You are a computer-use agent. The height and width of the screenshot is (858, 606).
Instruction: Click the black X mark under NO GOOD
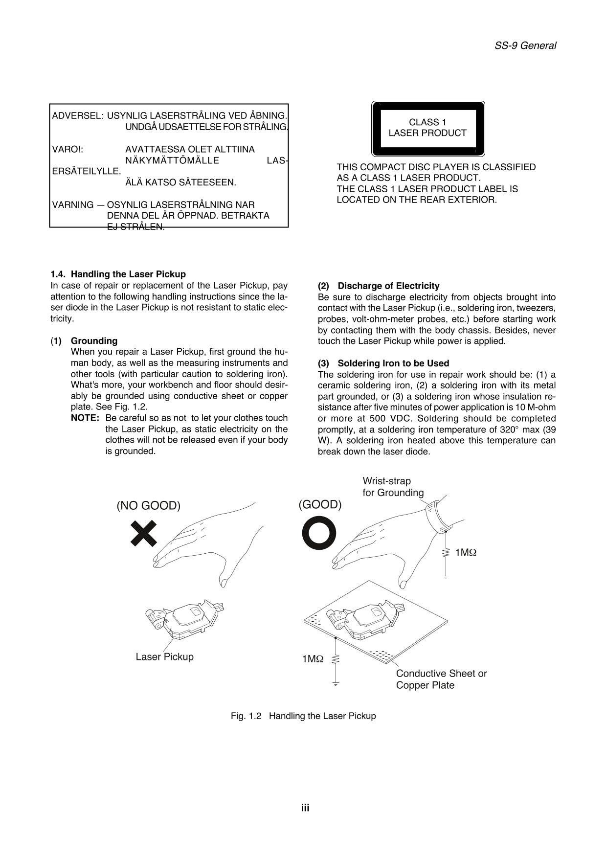click(x=144, y=533)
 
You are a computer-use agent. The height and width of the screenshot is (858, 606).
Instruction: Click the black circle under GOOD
click(x=319, y=533)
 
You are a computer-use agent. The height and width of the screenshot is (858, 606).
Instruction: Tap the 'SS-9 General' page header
click(x=525, y=45)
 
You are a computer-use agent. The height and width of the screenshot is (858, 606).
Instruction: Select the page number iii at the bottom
click(x=305, y=808)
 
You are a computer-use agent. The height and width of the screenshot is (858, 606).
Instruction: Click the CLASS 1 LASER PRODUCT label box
click(x=428, y=128)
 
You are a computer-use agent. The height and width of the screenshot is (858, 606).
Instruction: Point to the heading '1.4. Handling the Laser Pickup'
click(x=118, y=274)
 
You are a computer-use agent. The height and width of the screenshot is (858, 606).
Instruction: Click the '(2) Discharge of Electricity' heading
click(x=379, y=286)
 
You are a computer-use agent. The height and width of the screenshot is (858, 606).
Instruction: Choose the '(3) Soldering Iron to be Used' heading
click(x=383, y=363)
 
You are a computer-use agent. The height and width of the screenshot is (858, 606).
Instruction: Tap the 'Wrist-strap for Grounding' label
click(x=393, y=487)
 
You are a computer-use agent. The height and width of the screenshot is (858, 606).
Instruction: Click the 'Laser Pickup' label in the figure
click(x=164, y=656)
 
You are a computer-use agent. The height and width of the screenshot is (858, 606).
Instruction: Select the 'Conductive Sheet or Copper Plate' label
click(x=441, y=679)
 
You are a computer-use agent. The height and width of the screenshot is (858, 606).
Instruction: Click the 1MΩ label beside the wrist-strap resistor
click(x=465, y=552)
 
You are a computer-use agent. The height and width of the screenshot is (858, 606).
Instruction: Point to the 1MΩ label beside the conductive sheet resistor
click(x=313, y=659)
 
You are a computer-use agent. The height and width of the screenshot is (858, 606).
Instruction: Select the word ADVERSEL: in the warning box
click(x=77, y=116)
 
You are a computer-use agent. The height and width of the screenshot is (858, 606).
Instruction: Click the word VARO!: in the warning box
click(x=67, y=149)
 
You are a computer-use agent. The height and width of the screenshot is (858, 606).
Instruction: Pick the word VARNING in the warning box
click(x=73, y=204)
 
